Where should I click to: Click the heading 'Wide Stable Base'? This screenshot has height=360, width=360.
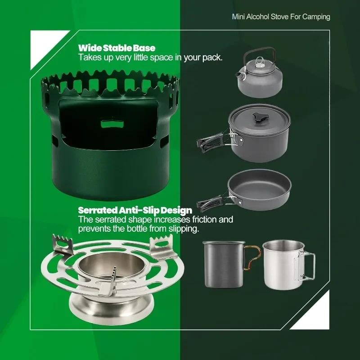click(x=117, y=48)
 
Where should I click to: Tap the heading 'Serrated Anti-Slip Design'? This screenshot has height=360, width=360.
click(x=135, y=210)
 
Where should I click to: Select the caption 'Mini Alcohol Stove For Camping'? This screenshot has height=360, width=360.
click(x=281, y=17)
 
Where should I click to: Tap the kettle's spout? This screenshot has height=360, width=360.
click(x=240, y=74)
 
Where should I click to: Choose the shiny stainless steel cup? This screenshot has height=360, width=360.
click(x=283, y=265)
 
